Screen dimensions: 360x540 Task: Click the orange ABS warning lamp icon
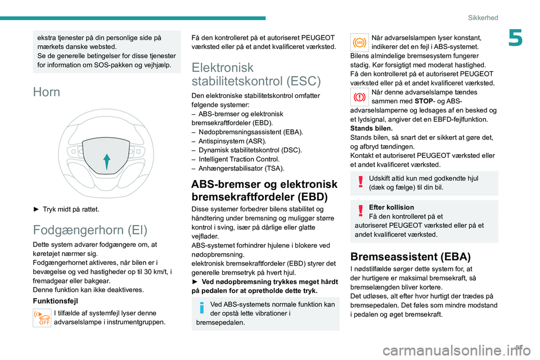point(359,42)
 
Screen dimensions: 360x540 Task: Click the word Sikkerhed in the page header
point(483,17)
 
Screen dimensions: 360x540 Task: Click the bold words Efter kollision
point(391,207)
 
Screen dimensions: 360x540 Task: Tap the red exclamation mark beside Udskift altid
point(359,182)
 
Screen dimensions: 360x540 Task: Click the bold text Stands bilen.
point(369,128)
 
